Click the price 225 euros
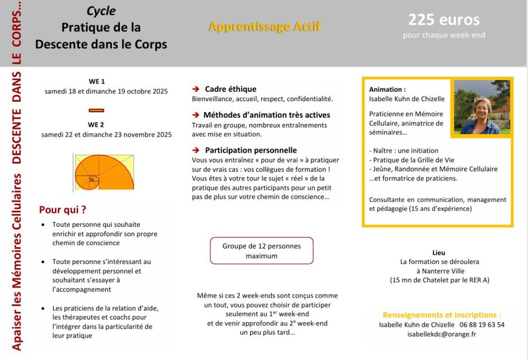[x=443, y=20]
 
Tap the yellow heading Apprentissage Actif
[x=264, y=27]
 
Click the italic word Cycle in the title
[x=101, y=11]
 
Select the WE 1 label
[x=96, y=81]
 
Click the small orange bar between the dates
[x=96, y=110]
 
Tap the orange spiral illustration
[x=104, y=172]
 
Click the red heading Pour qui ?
[x=62, y=210]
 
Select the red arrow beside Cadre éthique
[x=196, y=89]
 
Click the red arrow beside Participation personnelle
[x=196, y=151]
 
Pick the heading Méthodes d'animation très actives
[x=267, y=115]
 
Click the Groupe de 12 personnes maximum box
[x=261, y=251]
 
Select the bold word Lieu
[x=439, y=253]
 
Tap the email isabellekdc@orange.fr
[x=441, y=334]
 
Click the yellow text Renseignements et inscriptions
[x=441, y=315]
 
